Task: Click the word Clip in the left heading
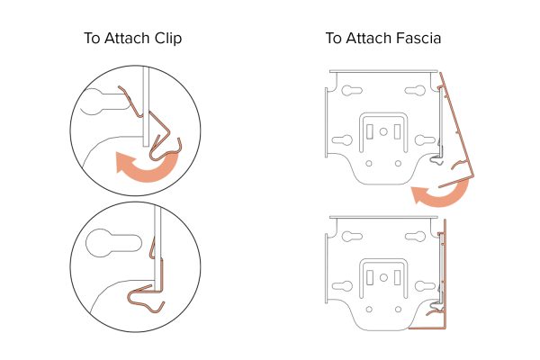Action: pos(168,38)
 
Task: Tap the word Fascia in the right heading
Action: pos(418,38)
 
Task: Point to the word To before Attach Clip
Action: pos(92,38)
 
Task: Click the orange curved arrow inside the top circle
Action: pos(148,172)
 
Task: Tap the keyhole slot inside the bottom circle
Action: pos(113,242)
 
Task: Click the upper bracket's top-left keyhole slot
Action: pos(352,91)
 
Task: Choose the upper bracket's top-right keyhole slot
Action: pos(415,90)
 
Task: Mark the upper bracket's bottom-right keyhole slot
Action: pos(425,139)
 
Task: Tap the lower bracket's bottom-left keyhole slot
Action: pos(342,286)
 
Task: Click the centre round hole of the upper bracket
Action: pos(383,131)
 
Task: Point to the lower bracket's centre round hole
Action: pos(383,278)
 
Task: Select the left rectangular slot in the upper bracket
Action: pos(370,131)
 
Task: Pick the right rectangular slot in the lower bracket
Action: pos(397,278)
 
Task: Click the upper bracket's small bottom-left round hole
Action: pos(369,163)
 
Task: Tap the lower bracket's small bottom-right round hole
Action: pos(398,310)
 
